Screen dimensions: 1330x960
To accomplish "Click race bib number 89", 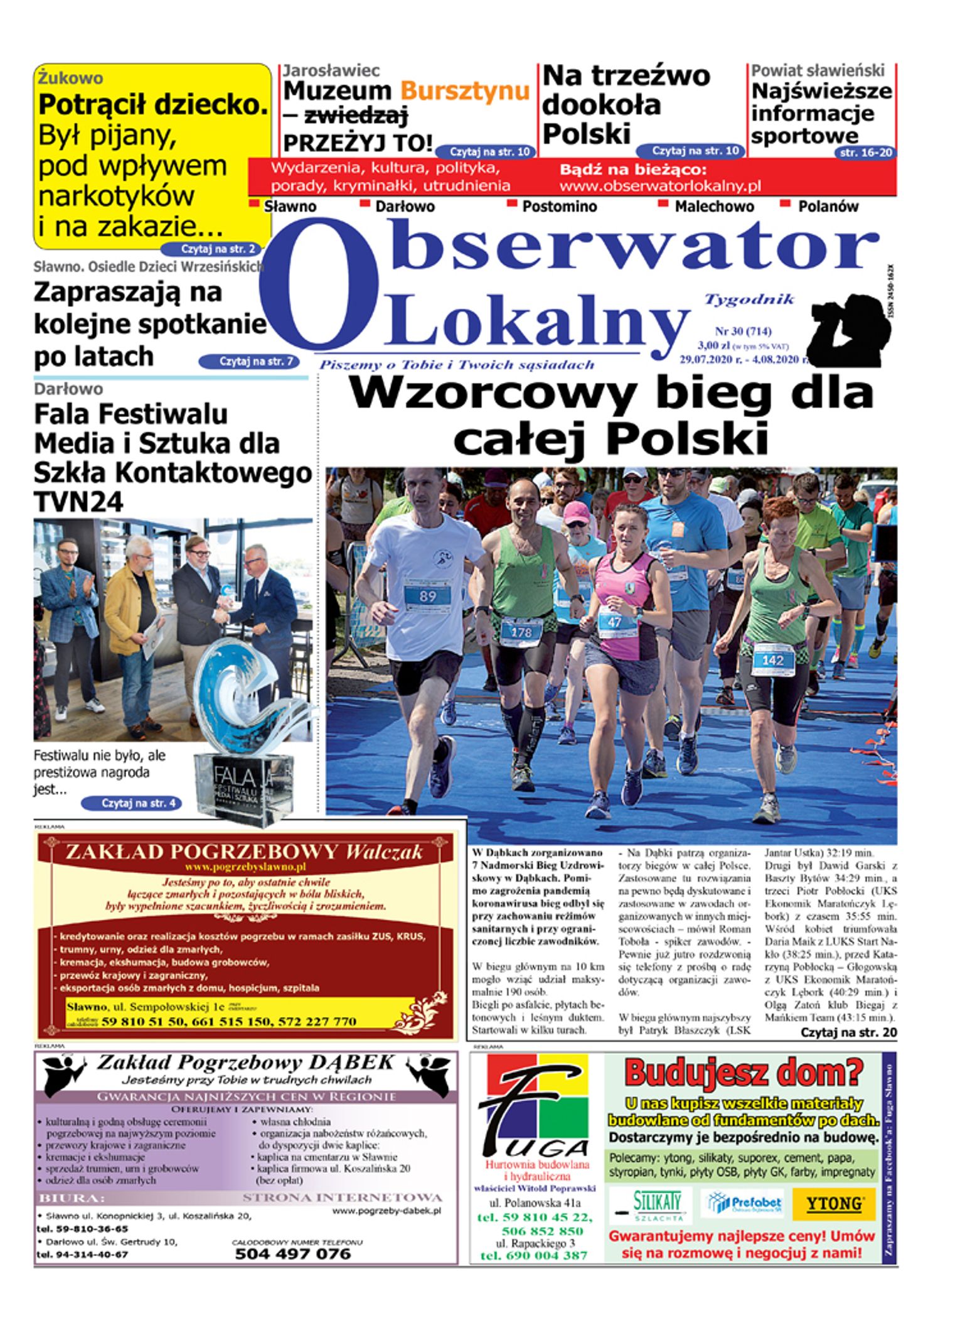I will point(427,595).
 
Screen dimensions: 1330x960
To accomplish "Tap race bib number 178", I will point(521,632).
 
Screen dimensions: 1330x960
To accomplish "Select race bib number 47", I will point(614,622).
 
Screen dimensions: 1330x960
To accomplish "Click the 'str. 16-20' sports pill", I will point(865,153).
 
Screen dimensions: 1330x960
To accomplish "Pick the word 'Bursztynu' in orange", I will point(465,91).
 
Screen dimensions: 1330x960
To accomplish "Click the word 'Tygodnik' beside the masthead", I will point(749,300).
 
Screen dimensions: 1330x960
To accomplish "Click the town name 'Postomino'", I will point(559,207).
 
